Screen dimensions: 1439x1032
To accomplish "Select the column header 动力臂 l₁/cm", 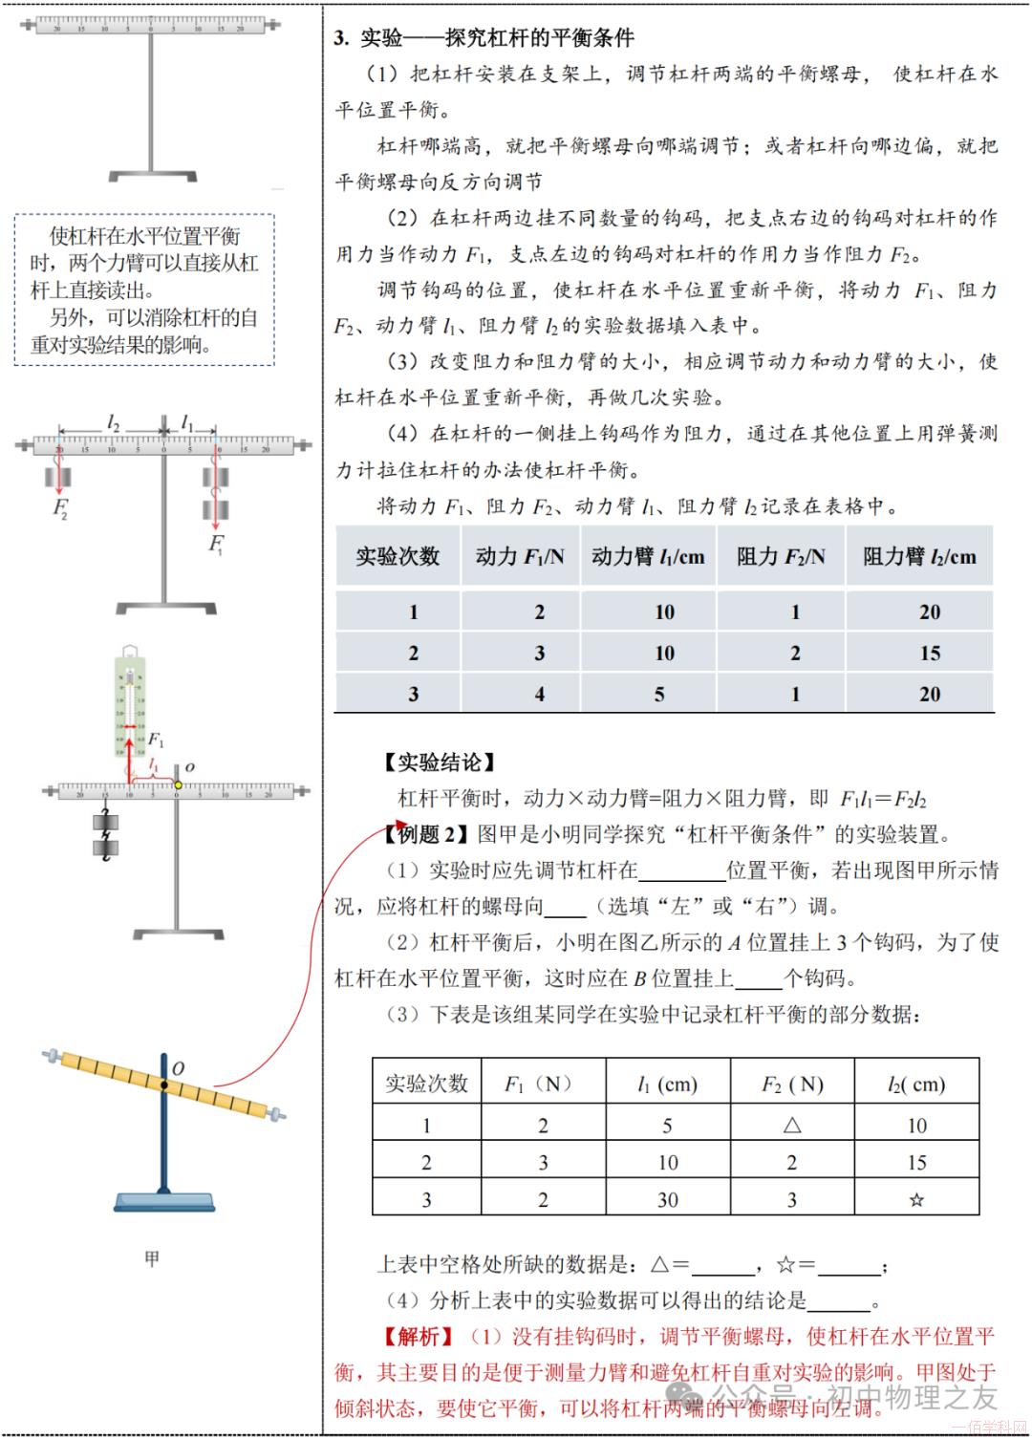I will click(648, 557).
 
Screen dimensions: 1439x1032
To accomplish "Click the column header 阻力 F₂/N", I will click(781, 557).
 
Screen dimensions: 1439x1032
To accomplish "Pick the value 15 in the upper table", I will click(929, 654).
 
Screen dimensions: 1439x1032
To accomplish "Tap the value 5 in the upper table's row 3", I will click(659, 695).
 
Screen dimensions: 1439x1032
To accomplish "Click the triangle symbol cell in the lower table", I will click(792, 1126).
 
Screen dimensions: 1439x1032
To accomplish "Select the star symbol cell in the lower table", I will click(916, 1200).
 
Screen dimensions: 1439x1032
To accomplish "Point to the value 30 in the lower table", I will click(667, 1200).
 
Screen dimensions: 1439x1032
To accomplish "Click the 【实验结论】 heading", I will click(439, 762).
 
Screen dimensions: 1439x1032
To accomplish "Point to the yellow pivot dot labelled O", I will click(178, 785).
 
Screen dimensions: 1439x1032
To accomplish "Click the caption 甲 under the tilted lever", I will click(152, 1259).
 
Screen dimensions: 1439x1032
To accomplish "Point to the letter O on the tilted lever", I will click(178, 1067).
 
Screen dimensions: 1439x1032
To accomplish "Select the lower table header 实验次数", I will click(426, 1084).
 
